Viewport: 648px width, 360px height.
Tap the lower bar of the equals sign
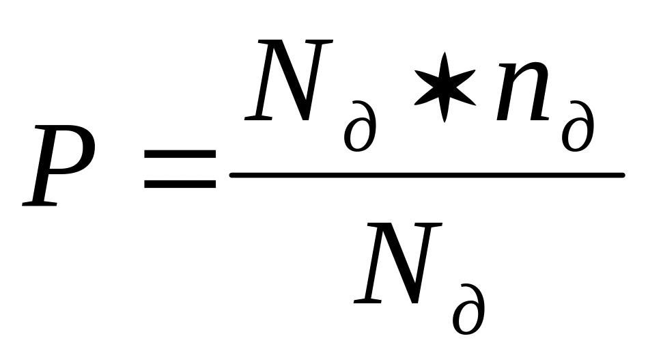pos(180,184)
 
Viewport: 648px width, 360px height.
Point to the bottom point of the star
pos(445,122)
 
